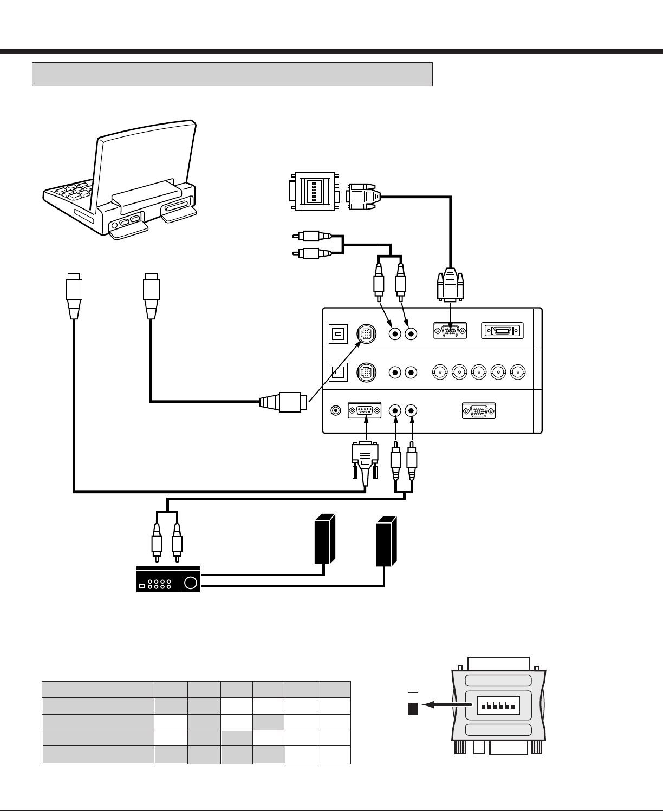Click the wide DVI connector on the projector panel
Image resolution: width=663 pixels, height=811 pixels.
click(x=502, y=331)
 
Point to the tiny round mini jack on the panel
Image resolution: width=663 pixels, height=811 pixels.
click(x=336, y=411)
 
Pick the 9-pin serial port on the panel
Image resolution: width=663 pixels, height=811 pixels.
click(x=365, y=411)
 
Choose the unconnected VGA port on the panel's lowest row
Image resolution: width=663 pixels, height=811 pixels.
click(x=479, y=411)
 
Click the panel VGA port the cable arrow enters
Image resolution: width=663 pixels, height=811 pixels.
click(x=450, y=331)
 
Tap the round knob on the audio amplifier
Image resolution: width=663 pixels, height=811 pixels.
click(x=191, y=583)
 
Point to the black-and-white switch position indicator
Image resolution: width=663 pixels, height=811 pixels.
click(x=413, y=703)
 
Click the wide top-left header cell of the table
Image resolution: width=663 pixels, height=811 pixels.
click(x=98, y=690)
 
